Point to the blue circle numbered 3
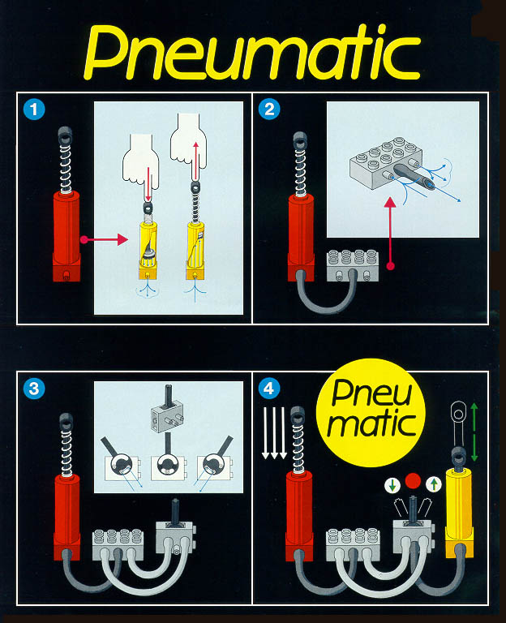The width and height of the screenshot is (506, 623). tap(33, 389)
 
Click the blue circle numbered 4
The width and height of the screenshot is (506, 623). tap(268, 389)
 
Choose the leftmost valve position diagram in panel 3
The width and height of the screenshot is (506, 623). tap(120, 467)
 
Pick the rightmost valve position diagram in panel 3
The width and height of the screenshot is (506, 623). tap(215, 467)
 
